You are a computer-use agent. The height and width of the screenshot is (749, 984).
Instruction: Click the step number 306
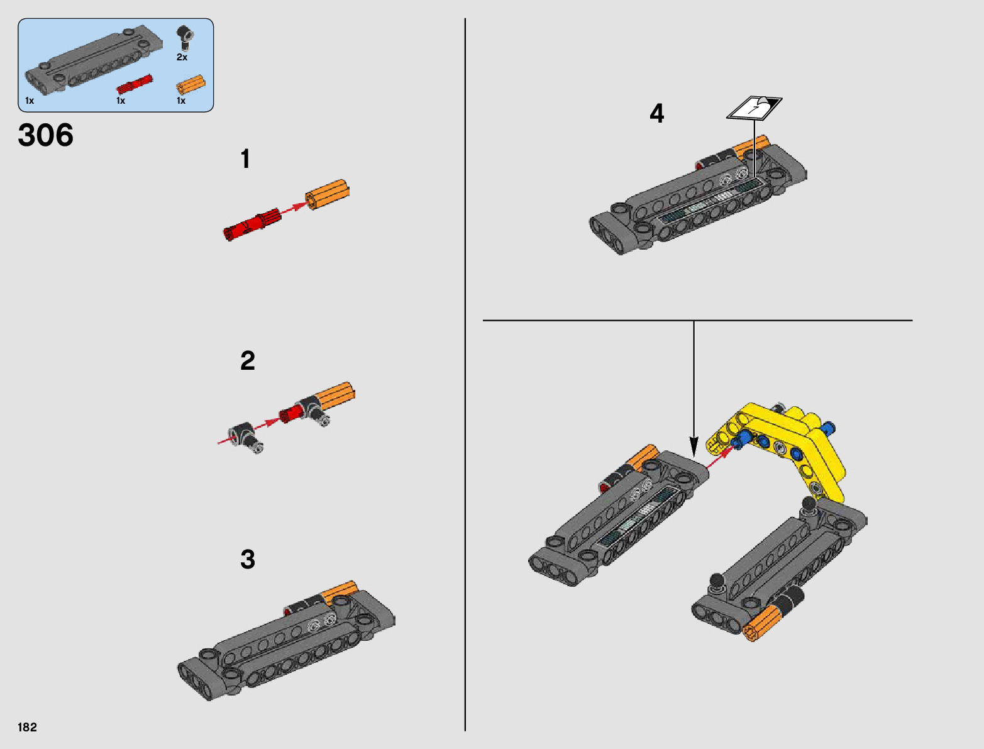[45, 135]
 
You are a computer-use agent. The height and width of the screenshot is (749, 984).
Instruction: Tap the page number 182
[27, 727]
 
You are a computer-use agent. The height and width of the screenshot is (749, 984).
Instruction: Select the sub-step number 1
[245, 158]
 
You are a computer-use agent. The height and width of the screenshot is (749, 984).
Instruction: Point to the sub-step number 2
[248, 360]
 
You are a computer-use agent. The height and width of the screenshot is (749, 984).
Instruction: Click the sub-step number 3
[248, 560]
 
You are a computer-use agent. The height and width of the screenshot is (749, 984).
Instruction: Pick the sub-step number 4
[657, 113]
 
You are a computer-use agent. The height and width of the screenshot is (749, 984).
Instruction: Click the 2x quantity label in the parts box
[182, 57]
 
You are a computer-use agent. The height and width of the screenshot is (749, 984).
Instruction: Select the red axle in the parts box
[134, 84]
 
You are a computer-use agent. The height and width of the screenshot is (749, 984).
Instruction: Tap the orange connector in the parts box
[191, 84]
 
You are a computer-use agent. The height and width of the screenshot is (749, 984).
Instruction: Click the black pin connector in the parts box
[184, 38]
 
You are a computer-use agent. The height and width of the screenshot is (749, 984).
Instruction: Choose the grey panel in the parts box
[93, 59]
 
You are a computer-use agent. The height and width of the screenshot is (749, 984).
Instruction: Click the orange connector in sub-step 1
[327, 194]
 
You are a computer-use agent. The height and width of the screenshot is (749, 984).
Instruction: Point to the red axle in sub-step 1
[252, 225]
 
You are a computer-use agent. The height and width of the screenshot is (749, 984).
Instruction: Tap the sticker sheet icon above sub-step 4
[755, 108]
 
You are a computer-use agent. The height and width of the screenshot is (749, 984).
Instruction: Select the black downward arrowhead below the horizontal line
[694, 447]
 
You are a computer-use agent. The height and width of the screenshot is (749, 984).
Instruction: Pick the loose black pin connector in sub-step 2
[246, 438]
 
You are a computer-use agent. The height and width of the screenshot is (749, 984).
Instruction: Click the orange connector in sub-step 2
[334, 397]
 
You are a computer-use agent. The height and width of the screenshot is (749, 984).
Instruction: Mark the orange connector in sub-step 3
[340, 592]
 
